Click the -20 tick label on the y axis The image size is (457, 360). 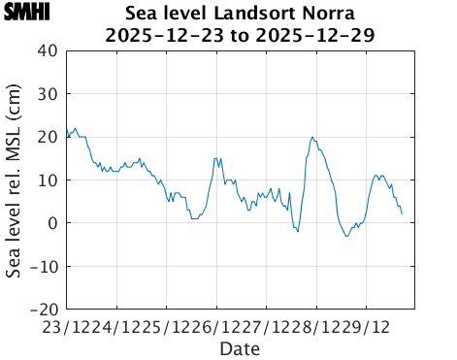pyautogui.click(x=44, y=310)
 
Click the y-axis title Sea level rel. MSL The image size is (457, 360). pyautogui.click(x=15, y=180)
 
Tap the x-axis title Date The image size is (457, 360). pyautogui.click(x=240, y=348)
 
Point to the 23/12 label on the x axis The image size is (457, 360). pyautogui.click(x=64, y=327)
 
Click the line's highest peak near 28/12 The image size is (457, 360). pyautogui.click(x=312, y=137)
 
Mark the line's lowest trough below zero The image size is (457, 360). pyautogui.click(x=347, y=236)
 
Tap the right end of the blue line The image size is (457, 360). pyautogui.click(x=402, y=214)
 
